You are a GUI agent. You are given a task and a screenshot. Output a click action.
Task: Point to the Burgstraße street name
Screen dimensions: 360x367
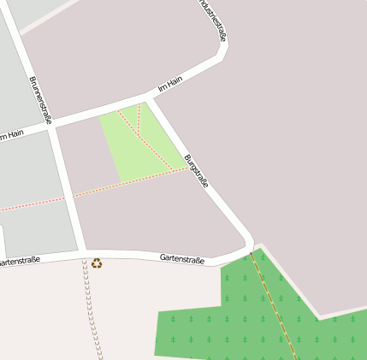point(196,170)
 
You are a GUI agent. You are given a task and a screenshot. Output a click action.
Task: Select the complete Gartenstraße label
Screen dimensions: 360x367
point(182,258)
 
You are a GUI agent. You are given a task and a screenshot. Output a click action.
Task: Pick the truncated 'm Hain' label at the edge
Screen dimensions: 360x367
point(12,134)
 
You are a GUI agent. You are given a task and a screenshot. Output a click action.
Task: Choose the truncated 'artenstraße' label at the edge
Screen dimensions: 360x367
point(20,260)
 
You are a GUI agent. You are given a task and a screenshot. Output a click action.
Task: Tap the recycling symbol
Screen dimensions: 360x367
point(97,263)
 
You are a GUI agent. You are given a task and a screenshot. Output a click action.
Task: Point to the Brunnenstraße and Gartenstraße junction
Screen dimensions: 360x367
point(86,253)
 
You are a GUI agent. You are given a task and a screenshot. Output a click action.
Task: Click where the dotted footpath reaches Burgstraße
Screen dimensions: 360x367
point(188,168)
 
